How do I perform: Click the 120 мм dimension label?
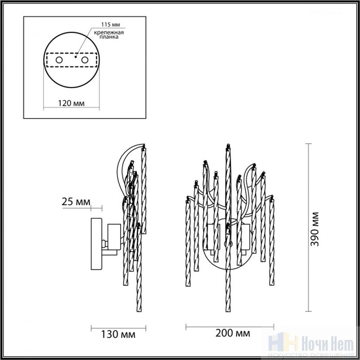tap(71, 103)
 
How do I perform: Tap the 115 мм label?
tap(111, 25)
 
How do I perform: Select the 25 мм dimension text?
tap(76, 202)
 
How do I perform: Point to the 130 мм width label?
tap(118, 334)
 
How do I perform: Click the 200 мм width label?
tap(233, 333)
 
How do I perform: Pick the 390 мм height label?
tap(315, 229)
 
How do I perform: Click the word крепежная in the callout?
tap(109, 32)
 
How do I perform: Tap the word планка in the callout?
tap(109, 37)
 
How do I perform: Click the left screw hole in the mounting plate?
tap(59, 60)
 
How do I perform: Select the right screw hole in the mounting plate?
tap(85, 60)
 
